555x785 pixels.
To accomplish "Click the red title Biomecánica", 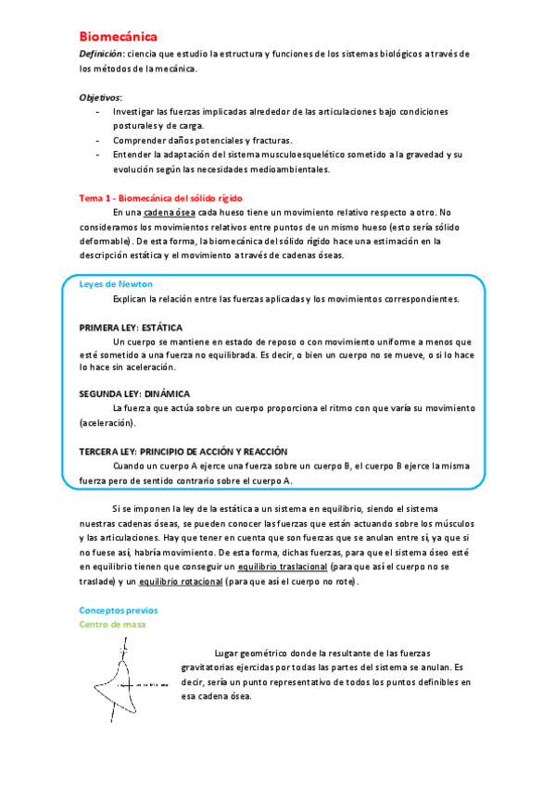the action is [x=118, y=36].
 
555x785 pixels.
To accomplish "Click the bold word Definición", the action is [x=100, y=55].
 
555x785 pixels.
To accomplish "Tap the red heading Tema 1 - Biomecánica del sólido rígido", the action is [x=161, y=197].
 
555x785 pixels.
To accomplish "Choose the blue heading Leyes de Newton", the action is [x=116, y=284].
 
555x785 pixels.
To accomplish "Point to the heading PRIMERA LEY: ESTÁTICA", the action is [x=131, y=328].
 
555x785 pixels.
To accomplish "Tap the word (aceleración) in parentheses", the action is [x=107, y=423].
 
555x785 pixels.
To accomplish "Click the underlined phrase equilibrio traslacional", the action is [x=282, y=566].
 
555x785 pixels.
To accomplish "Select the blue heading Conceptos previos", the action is [x=119, y=610].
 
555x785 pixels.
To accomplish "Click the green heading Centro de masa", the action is [x=112, y=625].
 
